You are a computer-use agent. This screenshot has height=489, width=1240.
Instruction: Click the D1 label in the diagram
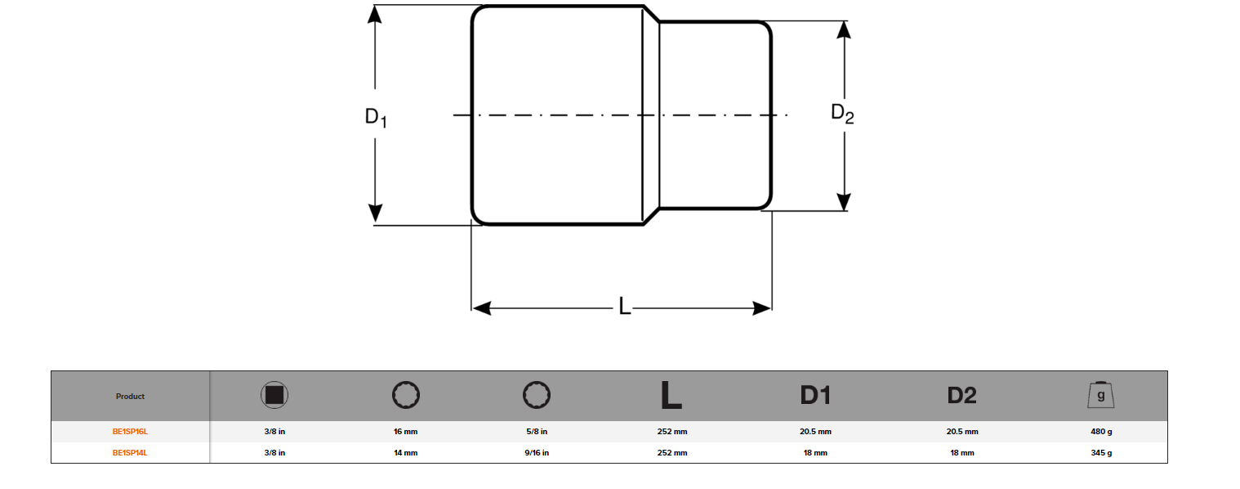pyautogui.click(x=375, y=118)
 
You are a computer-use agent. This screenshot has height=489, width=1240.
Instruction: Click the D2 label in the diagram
pyautogui.click(x=842, y=114)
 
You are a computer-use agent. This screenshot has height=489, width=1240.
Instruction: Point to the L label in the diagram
pyautogui.click(x=625, y=307)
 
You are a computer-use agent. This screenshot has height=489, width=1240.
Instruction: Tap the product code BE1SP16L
pyautogui.click(x=130, y=432)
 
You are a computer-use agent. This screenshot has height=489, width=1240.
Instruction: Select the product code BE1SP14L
pyautogui.click(x=130, y=452)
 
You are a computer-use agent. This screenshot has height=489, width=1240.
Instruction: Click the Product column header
pyautogui.click(x=130, y=397)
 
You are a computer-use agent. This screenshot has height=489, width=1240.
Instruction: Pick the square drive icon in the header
pyautogui.click(x=274, y=396)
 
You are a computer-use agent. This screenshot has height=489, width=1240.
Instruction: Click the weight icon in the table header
pyautogui.click(x=1100, y=396)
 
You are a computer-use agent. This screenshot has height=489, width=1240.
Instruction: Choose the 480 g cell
pyautogui.click(x=1100, y=432)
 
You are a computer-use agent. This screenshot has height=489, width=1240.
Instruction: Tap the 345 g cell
pyautogui.click(x=1100, y=452)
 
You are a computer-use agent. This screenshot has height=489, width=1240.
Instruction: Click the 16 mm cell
pyautogui.click(x=405, y=432)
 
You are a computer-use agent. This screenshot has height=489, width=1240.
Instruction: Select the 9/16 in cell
pyautogui.click(x=536, y=452)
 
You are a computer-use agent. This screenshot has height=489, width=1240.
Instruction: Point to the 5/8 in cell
pyautogui.click(x=536, y=432)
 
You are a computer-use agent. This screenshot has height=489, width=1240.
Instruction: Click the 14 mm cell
pyautogui.click(x=405, y=452)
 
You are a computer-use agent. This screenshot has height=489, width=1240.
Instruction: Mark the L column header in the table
pyautogui.click(x=671, y=396)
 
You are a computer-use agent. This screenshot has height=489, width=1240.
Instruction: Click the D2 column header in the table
pyautogui.click(x=961, y=396)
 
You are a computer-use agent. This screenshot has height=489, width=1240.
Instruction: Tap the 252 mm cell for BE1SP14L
pyautogui.click(x=671, y=452)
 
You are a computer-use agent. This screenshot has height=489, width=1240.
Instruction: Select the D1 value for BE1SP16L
pyautogui.click(x=815, y=432)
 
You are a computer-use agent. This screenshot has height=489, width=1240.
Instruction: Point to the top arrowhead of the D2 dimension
pyautogui.click(x=844, y=29)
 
